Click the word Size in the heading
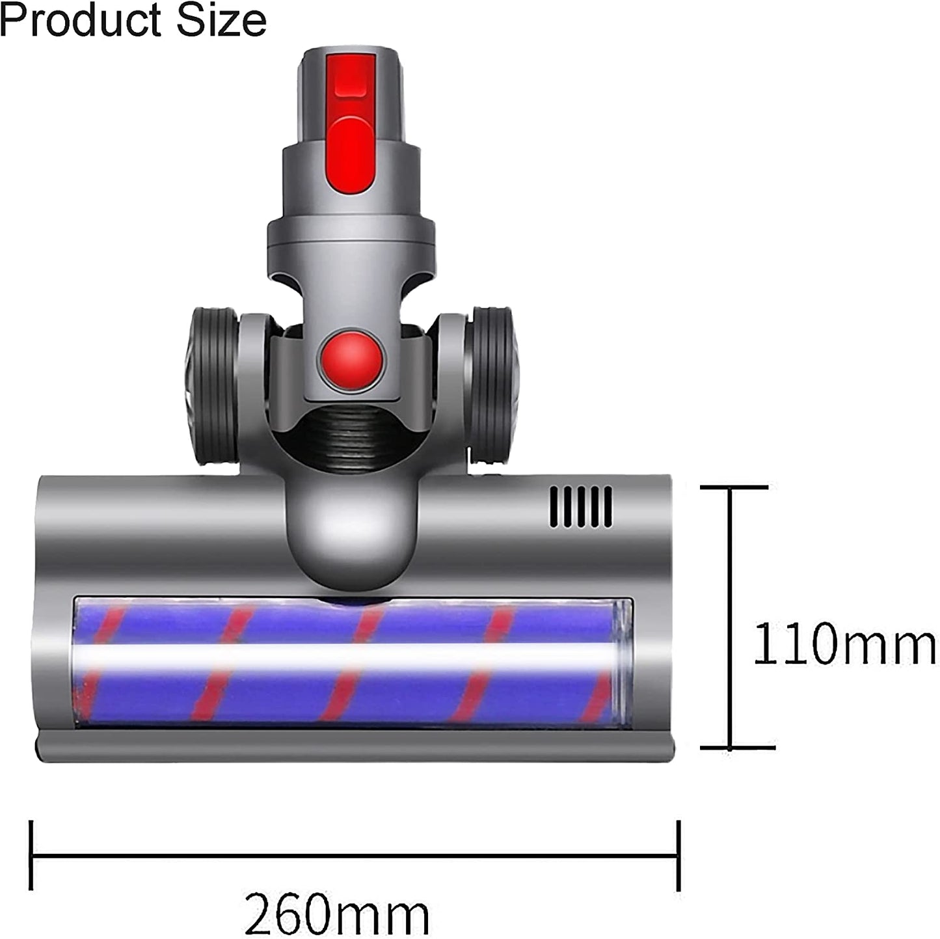(x=222, y=21)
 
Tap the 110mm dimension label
(x=844, y=642)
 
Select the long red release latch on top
(x=351, y=122)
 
